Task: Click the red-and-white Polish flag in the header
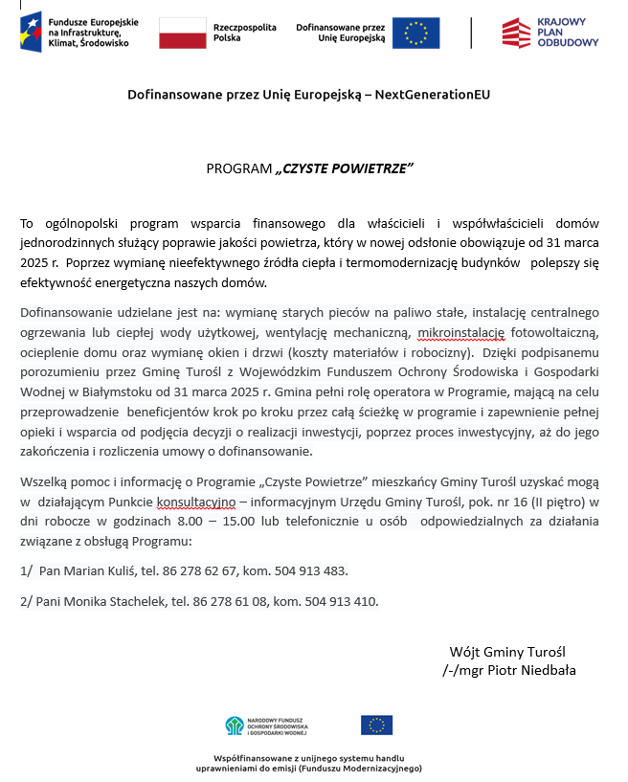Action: point(182,33)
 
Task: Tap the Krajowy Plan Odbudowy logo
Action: point(549,33)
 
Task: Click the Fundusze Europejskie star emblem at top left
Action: point(31,32)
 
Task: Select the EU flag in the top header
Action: point(415,33)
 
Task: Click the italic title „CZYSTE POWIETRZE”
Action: point(344,168)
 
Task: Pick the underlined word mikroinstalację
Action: point(460,332)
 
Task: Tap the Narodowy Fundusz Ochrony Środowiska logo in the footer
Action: point(265,726)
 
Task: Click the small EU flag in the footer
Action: point(376,725)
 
